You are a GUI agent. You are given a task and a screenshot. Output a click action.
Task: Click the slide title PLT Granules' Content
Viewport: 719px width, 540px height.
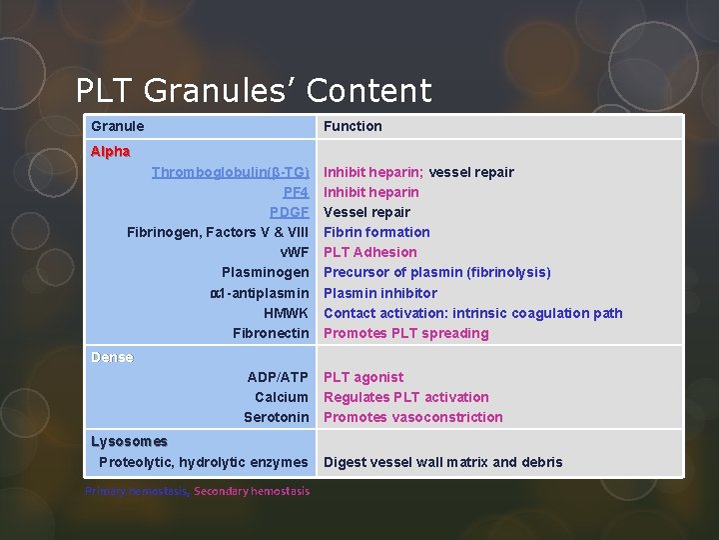tap(254, 91)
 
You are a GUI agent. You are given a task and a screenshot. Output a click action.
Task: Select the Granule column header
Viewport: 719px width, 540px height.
tap(118, 126)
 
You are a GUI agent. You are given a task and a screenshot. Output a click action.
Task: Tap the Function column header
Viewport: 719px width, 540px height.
tap(353, 126)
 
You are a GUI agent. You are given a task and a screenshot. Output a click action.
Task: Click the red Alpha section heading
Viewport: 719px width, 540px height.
tap(110, 152)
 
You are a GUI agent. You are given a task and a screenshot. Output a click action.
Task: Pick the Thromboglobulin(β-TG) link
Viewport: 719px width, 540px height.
tap(230, 172)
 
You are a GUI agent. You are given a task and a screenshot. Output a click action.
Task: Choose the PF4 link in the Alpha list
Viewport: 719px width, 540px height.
tap(296, 192)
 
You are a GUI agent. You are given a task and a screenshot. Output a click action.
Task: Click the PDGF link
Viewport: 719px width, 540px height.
tap(289, 212)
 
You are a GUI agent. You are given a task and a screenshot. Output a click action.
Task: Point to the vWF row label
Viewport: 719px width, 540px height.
tap(294, 252)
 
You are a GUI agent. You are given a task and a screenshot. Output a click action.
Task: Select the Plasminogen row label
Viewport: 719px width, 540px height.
tap(265, 272)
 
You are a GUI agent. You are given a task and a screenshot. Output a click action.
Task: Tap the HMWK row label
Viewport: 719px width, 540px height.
tap(286, 313)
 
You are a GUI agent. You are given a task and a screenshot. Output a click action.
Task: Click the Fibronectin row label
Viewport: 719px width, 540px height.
tap(271, 333)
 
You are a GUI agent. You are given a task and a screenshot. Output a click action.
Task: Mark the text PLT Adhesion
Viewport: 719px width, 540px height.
tap(369, 252)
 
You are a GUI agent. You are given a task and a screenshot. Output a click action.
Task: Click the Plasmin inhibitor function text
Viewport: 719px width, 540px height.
tap(379, 293)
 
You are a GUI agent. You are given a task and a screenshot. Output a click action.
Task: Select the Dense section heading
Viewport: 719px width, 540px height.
tap(112, 357)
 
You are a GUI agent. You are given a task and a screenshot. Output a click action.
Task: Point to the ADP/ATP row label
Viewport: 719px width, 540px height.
tap(278, 377)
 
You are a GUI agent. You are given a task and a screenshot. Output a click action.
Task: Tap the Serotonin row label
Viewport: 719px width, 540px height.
tap(276, 417)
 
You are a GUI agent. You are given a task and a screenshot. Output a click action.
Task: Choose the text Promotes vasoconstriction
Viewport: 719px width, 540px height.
tap(412, 417)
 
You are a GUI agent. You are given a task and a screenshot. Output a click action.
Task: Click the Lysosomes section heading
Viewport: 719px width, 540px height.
tap(129, 441)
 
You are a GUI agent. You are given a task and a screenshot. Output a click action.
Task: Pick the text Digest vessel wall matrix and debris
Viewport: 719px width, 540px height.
tap(442, 462)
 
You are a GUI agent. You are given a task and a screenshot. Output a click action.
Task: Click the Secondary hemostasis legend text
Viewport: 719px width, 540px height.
tap(252, 491)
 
